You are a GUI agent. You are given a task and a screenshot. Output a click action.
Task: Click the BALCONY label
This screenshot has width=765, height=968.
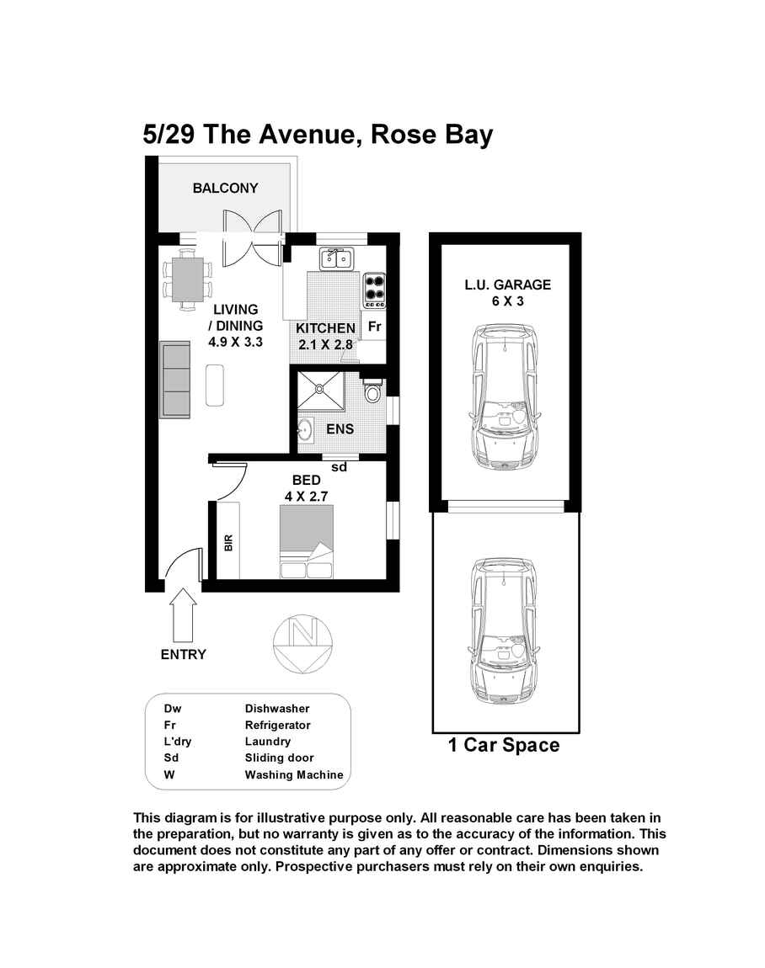coord(225,189)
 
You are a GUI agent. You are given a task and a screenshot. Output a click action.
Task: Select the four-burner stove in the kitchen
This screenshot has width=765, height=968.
coord(374,290)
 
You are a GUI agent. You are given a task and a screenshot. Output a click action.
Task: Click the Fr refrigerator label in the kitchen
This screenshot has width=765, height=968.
coord(375,326)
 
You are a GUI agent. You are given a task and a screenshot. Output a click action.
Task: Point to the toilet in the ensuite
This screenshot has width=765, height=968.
coord(372,391)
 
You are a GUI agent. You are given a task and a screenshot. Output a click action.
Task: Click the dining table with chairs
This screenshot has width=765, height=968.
coord(186,280)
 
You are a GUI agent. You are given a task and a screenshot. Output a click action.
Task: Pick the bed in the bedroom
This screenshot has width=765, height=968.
coord(307,542)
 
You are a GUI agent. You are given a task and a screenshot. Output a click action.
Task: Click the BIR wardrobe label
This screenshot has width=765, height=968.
coord(227,542)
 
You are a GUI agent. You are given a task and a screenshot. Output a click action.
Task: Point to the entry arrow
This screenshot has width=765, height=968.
coord(183,615)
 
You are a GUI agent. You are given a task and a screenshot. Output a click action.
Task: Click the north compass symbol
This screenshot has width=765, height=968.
coord(301,645)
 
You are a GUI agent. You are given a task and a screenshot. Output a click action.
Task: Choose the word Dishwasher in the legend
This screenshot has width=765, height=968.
coord(277,709)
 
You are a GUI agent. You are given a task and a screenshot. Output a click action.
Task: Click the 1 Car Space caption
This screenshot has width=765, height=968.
coord(504,746)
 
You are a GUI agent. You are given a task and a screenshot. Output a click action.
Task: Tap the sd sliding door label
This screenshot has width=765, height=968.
coord(340,467)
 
